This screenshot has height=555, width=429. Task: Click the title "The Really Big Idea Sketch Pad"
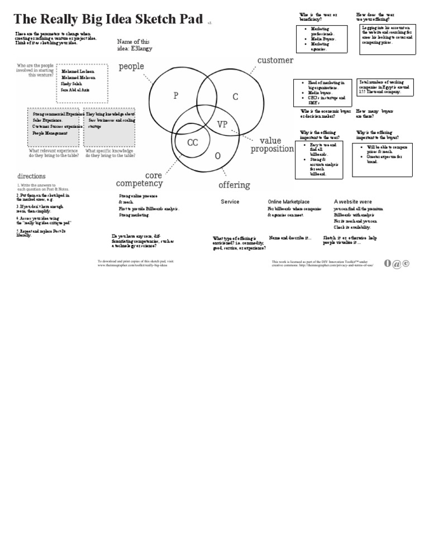point(108,19)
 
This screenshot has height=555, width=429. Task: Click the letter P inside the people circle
point(175,95)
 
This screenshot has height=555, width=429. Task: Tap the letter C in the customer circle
point(235,97)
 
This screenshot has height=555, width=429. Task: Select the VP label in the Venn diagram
point(222,125)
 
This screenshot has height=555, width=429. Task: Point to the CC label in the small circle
point(192,143)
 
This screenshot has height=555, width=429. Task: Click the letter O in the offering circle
point(218,156)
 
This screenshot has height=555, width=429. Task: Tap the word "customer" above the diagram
point(275,60)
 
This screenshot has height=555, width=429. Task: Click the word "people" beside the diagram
point(131,66)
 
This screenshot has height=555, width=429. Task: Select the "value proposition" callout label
point(272,145)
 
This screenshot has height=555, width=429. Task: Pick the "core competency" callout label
point(140,179)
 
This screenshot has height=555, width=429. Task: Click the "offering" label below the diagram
point(234,185)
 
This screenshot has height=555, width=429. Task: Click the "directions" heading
point(31,176)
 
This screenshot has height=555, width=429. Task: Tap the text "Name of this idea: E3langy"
point(135,45)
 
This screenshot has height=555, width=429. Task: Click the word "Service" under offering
point(230,202)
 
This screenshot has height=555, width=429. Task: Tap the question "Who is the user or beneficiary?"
point(314,17)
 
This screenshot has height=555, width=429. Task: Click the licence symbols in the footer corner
point(397,264)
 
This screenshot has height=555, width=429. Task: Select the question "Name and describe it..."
point(290,238)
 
